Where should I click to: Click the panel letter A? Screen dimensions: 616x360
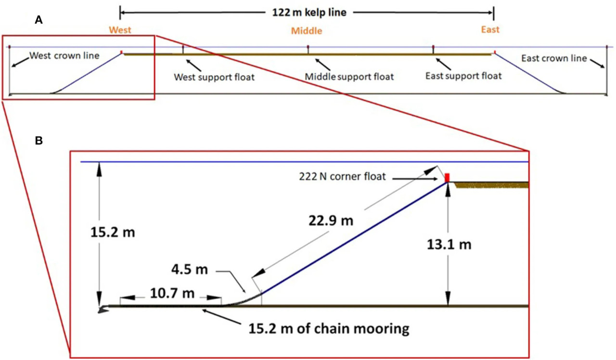pos(38,20)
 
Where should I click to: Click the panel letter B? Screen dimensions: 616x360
pos(39,141)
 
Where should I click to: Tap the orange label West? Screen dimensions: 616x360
pos(120,30)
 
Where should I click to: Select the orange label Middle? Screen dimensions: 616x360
pos(307,31)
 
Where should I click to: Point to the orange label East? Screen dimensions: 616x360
pos(490,29)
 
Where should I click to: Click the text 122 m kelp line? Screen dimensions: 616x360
pos(309,13)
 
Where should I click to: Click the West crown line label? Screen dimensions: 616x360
pos(64,55)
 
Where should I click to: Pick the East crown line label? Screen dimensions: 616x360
pos(554,58)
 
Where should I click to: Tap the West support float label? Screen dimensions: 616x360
pos(214,77)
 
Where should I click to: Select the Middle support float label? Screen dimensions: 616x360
pos(349,77)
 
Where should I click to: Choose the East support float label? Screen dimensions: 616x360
pos(463,76)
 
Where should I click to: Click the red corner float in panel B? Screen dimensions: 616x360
pos(447,178)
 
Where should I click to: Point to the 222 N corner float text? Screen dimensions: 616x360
pos(342,177)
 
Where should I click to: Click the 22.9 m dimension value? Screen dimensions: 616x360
pos(331,220)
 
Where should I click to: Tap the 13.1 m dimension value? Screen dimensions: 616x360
pos(449,244)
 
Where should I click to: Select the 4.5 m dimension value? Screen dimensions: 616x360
pos(190,270)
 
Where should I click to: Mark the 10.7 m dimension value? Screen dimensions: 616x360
pos(172,294)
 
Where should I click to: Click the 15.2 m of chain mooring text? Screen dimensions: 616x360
pos(329,329)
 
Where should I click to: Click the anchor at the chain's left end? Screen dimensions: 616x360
pos(103,309)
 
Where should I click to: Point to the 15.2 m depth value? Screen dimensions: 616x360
pos(113,232)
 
